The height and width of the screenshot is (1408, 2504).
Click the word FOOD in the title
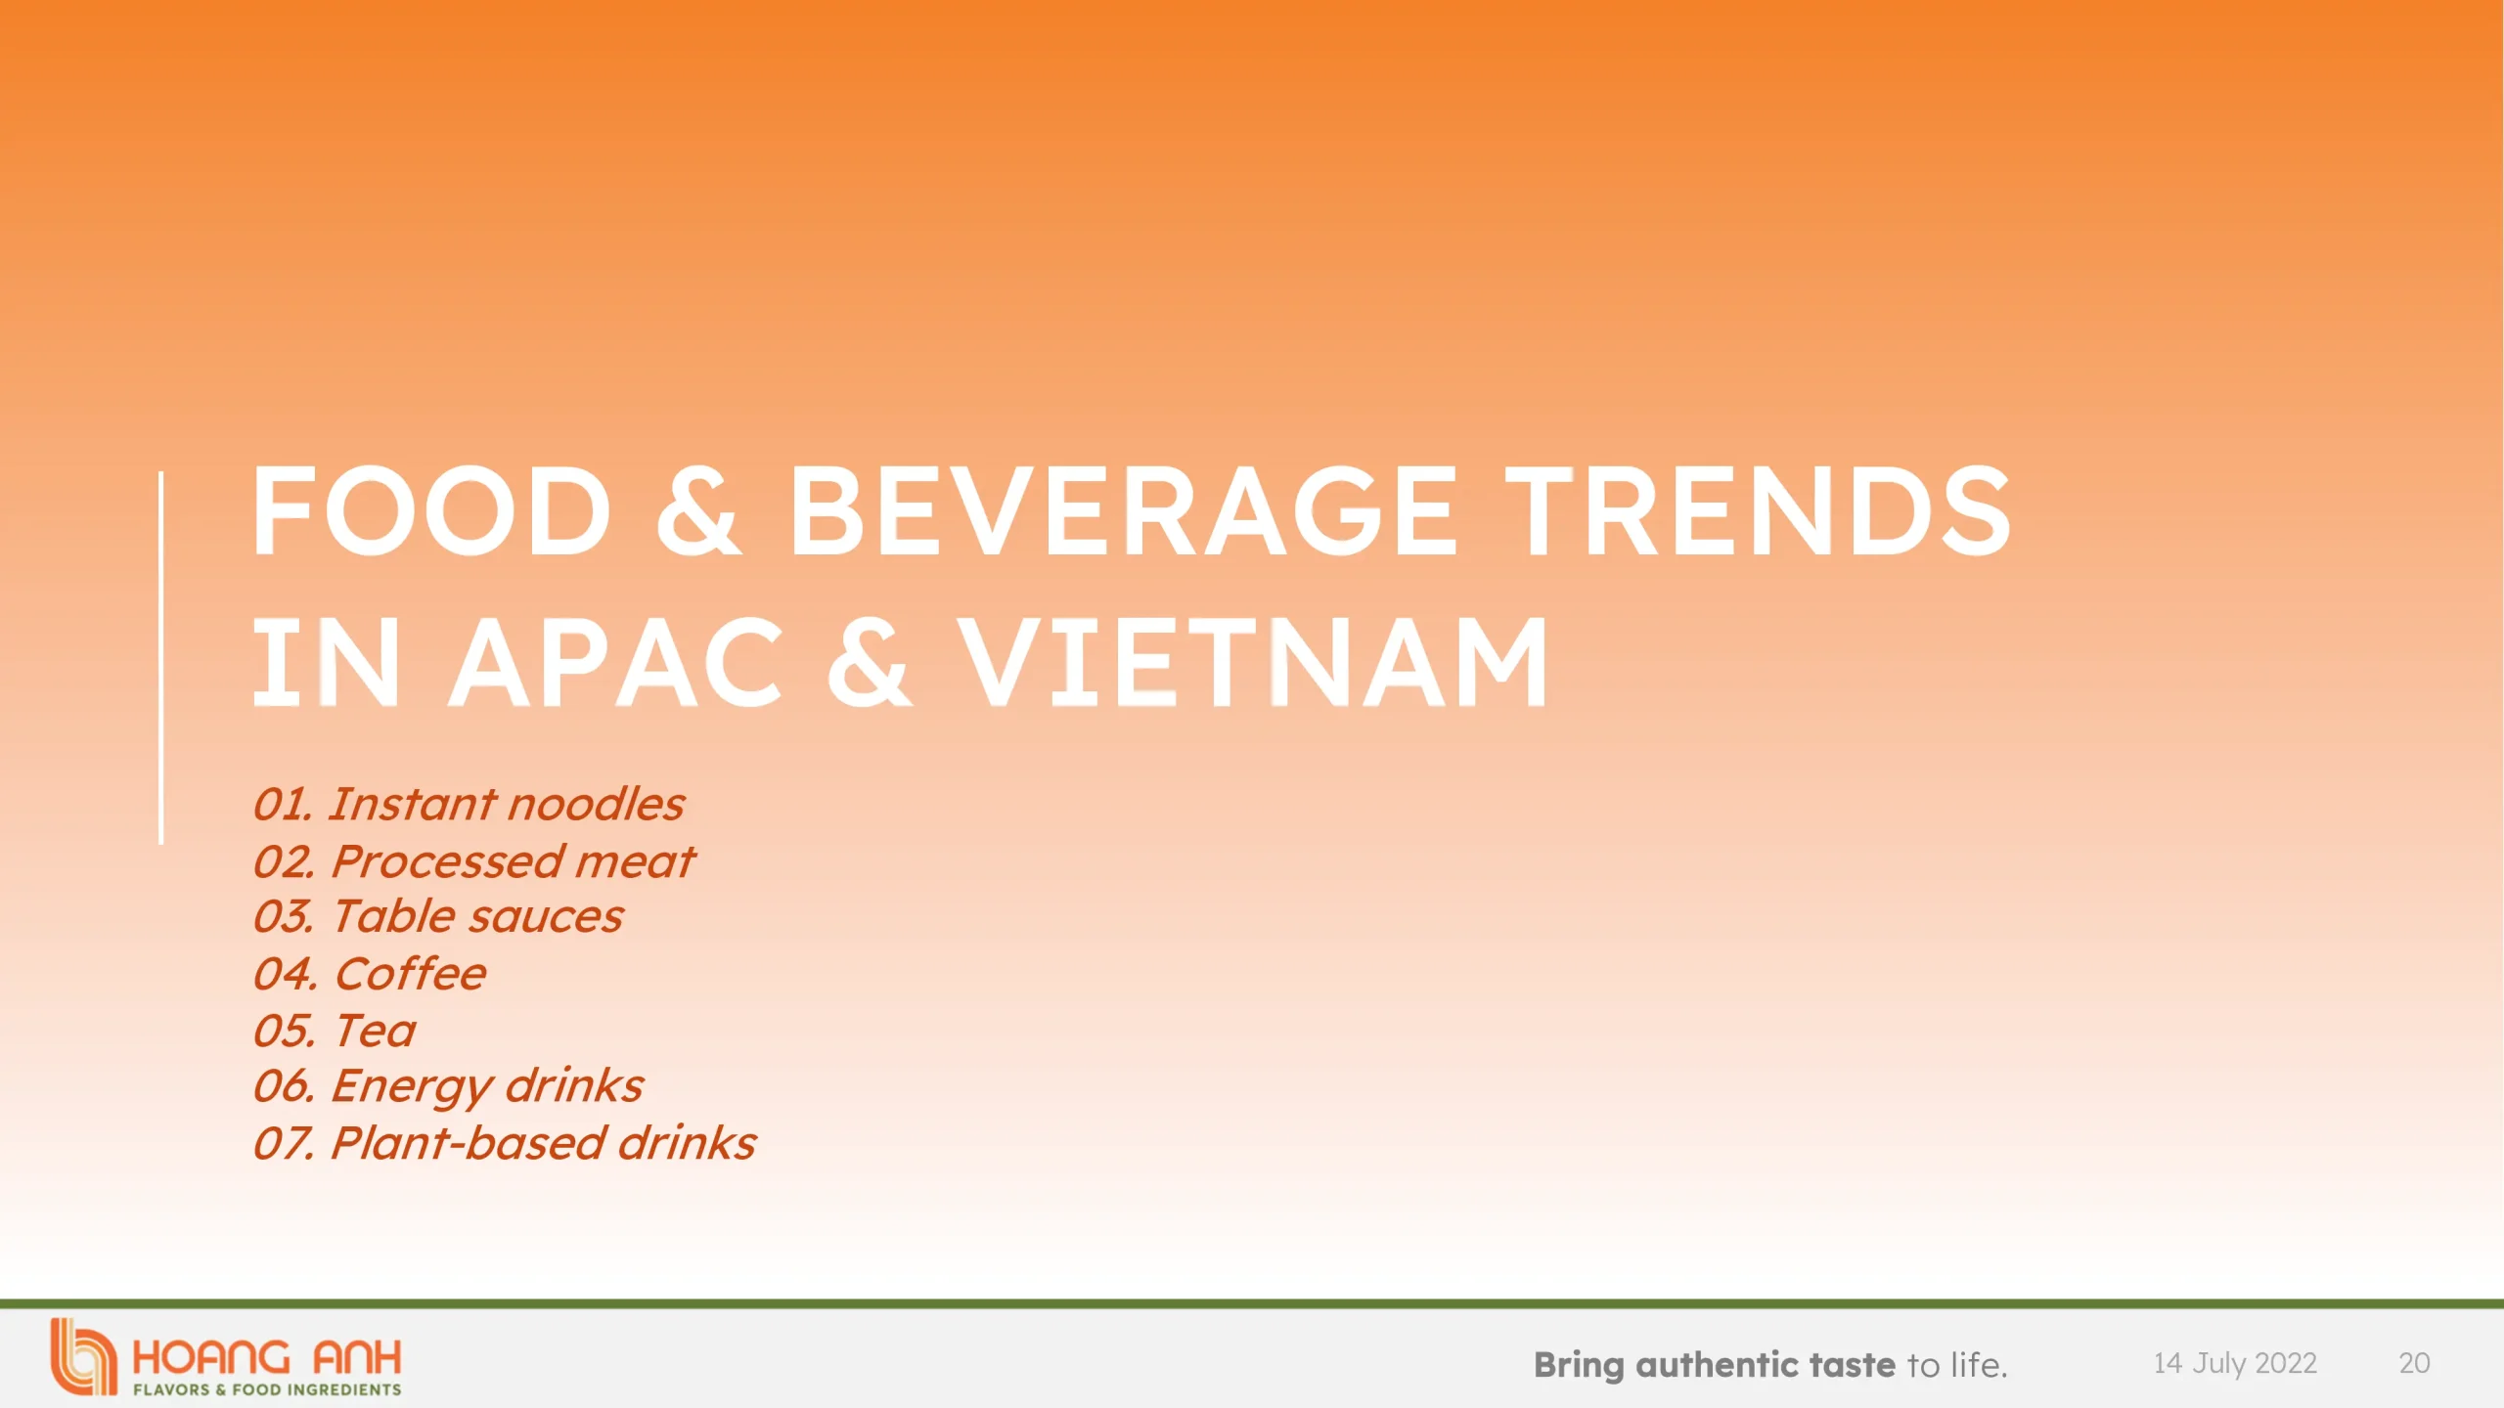coord(431,510)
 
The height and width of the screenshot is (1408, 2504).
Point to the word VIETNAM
coord(1253,662)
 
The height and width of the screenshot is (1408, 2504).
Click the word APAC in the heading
coord(616,662)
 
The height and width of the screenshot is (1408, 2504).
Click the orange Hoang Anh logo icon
coord(84,1357)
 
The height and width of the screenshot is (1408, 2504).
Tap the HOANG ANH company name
coord(266,1357)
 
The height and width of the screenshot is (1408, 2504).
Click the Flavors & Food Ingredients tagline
coord(267,1389)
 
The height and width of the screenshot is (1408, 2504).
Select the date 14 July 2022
coord(2235,1363)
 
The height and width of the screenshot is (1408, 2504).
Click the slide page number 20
coord(2414,1363)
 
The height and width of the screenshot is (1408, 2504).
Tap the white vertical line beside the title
coord(161,657)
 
